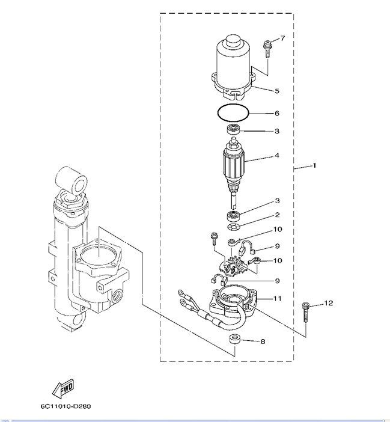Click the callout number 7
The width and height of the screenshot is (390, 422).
click(282, 38)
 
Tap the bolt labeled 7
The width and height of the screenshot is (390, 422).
click(267, 49)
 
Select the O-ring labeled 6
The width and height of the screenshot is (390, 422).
click(234, 113)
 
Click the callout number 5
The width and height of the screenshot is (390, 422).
click(277, 91)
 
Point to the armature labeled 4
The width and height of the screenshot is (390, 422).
click(233, 165)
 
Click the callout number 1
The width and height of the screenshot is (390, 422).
click(314, 165)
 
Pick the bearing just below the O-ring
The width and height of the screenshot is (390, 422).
click(233, 129)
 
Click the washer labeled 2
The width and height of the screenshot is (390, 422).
click(234, 227)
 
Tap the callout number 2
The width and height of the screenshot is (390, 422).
click(277, 215)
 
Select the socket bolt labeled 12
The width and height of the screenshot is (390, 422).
click(305, 312)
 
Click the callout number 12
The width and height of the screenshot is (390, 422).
click(329, 303)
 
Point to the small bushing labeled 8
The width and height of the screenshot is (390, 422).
click(234, 339)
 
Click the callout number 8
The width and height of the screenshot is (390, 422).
click(263, 341)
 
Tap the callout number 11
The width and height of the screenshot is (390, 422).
click(277, 298)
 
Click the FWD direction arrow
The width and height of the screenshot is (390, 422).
click(62, 389)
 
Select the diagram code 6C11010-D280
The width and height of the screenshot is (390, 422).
click(66, 406)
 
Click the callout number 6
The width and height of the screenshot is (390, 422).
click(277, 113)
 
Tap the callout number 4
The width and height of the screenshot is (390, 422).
click(277, 155)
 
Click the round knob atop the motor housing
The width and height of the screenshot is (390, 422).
click(234, 41)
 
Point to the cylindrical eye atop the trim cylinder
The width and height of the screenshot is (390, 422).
click(72, 180)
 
